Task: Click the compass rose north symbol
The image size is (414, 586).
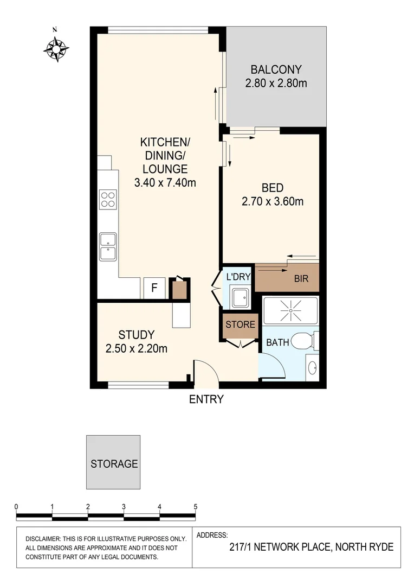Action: (56, 48)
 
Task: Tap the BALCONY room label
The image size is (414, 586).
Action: (276, 69)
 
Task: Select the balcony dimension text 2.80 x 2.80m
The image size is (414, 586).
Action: (276, 84)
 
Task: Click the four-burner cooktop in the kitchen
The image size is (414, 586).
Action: (108, 200)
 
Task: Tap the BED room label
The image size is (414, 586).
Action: (272, 188)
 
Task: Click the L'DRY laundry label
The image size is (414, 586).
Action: (238, 277)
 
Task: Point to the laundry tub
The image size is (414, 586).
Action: (239, 297)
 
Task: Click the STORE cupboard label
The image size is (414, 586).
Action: (240, 325)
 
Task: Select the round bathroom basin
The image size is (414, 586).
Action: (313, 368)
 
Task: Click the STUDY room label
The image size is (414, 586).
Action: (137, 335)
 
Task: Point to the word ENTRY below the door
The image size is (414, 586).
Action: (206, 400)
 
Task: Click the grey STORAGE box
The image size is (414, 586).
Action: (113, 462)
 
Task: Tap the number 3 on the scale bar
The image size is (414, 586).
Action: (124, 506)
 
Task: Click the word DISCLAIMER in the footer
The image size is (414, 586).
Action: (46, 539)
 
